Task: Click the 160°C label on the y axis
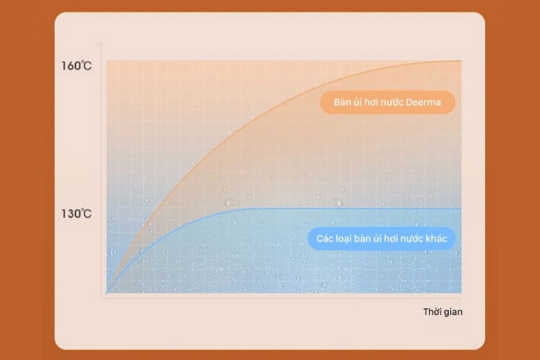pyautogui.click(x=76, y=66)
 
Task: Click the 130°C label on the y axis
pyautogui.click(x=76, y=214)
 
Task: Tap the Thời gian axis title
pyautogui.click(x=443, y=312)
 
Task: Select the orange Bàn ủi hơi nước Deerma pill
pyautogui.click(x=388, y=102)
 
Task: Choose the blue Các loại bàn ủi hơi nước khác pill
pyautogui.click(x=381, y=238)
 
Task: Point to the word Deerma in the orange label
pyautogui.click(x=423, y=102)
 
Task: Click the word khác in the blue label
pyautogui.click(x=436, y=238)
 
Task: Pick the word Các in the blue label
pyautogui.click(x=325, y=238)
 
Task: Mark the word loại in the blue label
pyautogui.click(x=343, y=239)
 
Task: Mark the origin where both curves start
pyautogui.click(x=107, y=293)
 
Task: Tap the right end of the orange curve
pyautogui.click(x=461, y=61)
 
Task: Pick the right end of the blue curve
pyautogui.click(x=461, y=208)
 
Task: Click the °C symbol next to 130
pyautogui.click(x=87, y=214)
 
